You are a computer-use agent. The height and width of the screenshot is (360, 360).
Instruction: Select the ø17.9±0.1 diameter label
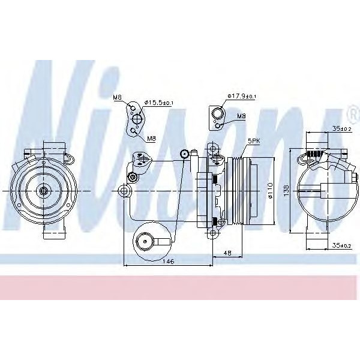[x=242, y=96]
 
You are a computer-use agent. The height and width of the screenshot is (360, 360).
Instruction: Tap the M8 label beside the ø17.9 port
[x=241, y=116]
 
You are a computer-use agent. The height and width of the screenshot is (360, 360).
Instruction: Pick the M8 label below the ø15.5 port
[x=151, y=139]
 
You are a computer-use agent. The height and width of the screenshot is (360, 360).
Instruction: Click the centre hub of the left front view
[x=44, y=191]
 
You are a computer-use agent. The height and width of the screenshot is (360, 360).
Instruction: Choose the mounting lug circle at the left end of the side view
[x=124, y=191]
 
